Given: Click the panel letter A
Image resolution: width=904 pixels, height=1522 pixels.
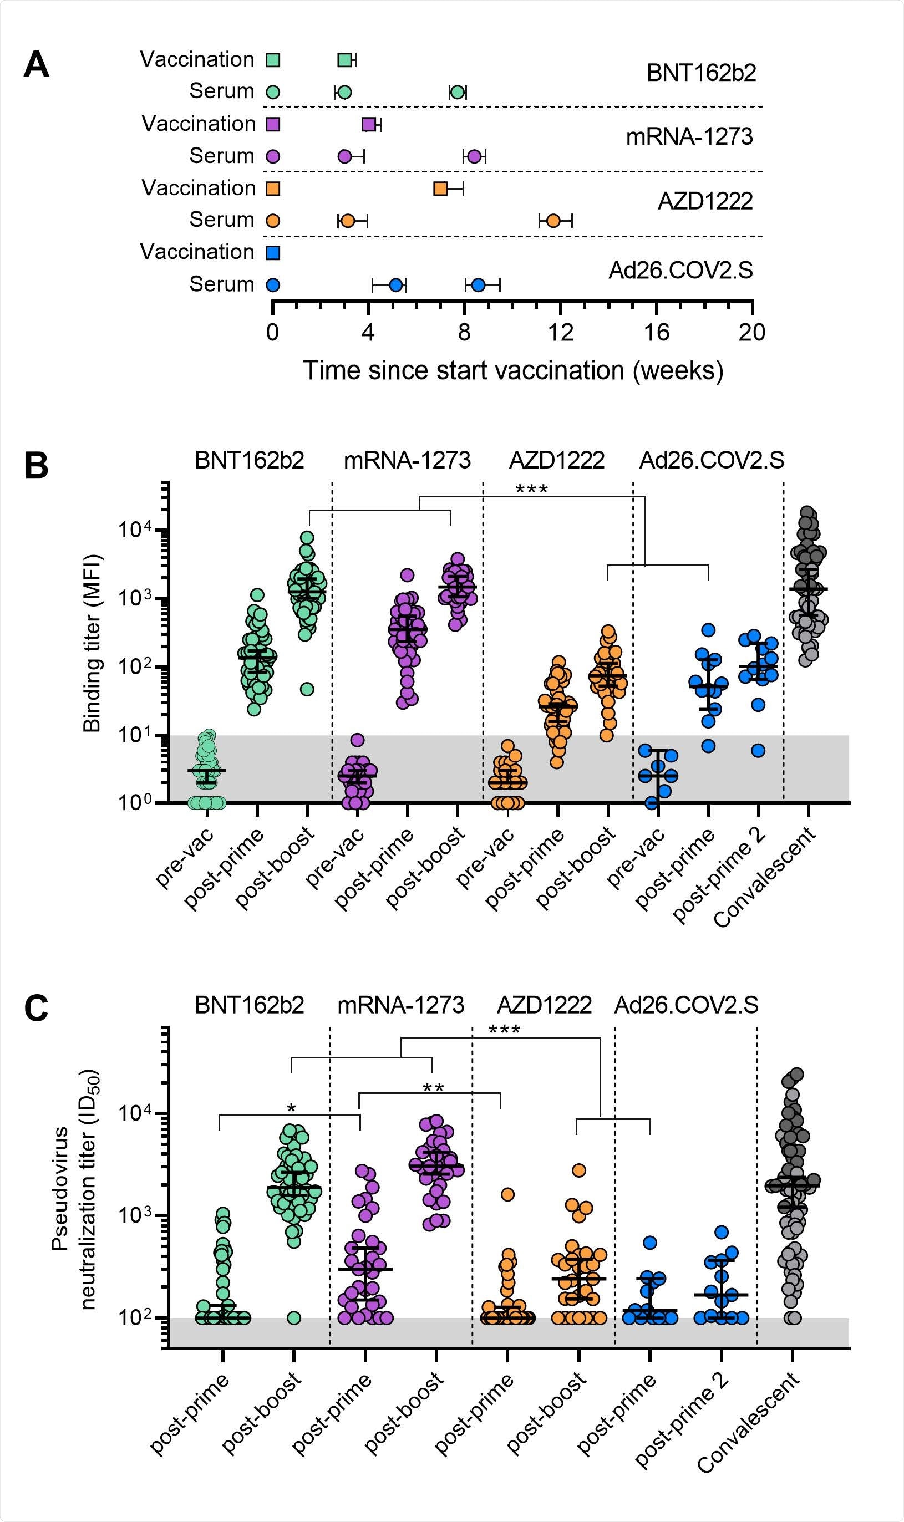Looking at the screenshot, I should tap(37, 64).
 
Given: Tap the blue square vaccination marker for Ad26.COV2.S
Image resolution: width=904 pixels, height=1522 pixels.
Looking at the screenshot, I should tap(273, 253).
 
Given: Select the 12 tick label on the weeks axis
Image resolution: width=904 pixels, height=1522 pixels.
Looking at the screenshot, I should tap(561, 333).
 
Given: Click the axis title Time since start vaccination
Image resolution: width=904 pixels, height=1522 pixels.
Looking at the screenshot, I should tap(513, 370).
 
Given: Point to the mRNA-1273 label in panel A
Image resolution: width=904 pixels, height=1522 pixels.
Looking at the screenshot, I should tap(689, 136).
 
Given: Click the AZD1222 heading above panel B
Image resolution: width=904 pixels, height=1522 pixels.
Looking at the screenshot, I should tap(556, 460).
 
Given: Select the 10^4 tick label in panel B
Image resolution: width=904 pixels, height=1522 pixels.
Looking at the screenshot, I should tap(134, 530).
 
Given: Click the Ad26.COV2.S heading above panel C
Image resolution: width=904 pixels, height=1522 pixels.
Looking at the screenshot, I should tap(686, 1004).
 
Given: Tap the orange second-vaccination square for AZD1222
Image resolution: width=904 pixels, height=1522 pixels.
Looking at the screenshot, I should tap(440, 189).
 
